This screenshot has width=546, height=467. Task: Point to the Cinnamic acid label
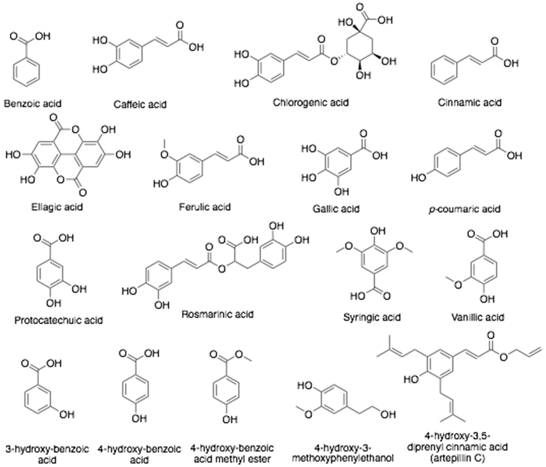(x=470, y=102)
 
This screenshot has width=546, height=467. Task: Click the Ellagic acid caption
(x=57, y=207)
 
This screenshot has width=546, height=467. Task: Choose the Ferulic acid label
(x=205, y=207)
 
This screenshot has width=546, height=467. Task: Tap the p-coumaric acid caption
(x=464, y=209)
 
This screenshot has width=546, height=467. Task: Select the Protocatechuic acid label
(x=58, y=320)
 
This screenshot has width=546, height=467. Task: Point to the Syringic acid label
(x=372, y=317)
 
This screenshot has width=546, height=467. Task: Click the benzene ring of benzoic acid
(x=27, y=71)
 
